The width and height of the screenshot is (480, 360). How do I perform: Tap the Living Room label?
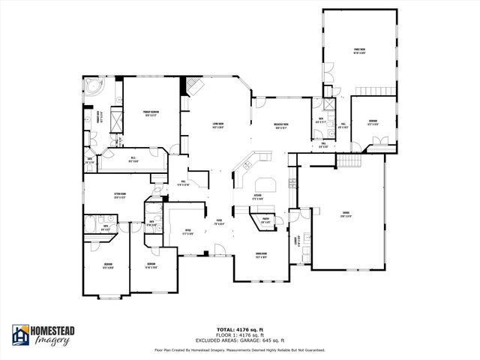click(219, 125)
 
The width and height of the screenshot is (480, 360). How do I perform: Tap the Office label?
click(188, 232)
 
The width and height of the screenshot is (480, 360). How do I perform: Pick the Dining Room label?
click(262, 256)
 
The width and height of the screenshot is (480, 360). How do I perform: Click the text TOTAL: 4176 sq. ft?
click(239, 330)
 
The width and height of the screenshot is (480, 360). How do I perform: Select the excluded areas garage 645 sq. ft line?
click(239, 340)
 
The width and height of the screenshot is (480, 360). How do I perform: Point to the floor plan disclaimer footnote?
click(239, 349)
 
